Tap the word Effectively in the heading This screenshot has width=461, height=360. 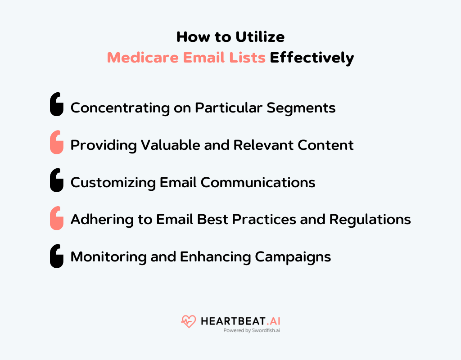312,58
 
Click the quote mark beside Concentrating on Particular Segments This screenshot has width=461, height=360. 56,105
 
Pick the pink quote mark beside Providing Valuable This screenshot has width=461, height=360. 56,142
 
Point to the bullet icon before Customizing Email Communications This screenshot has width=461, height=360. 56,180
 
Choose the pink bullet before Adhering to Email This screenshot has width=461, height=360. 56,218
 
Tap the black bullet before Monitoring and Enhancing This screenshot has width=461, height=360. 56,256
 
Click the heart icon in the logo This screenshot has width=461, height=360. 188,321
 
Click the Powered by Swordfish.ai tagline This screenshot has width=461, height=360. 252,331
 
